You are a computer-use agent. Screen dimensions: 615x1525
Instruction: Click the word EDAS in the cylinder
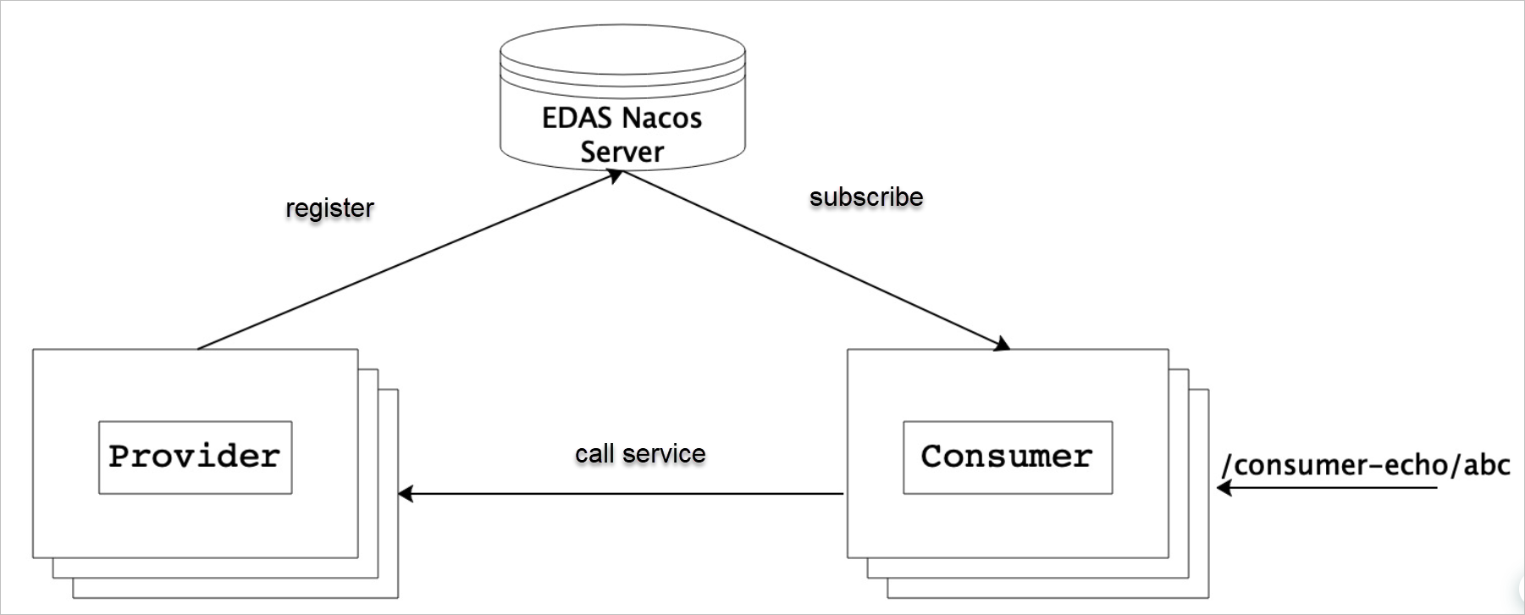tap(570, 118)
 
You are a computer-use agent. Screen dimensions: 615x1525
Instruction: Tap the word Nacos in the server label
tap(662, 118)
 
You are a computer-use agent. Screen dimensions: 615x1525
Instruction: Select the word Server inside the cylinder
tap(622, 152)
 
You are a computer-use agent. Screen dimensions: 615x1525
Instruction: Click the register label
tap(329, 208)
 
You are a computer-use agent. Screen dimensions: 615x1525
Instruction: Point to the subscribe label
tap(866, 197)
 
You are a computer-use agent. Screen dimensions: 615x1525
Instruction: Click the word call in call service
tap(594, 454)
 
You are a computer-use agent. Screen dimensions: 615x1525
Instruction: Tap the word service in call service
tap(664, 454)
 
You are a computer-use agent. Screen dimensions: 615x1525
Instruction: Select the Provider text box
tap(195, 457)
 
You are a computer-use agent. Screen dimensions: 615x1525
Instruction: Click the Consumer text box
tap(1007, 457)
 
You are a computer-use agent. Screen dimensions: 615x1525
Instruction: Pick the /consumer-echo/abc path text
tap(1365, 465)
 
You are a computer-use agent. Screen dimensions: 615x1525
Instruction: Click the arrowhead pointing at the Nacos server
tap(615, 175)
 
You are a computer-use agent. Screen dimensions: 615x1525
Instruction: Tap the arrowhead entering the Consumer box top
tap(1002, 344)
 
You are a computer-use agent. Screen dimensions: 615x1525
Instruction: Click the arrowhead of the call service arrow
tap(406, 493)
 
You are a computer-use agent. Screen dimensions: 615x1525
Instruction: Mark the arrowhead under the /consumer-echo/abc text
tap(1224, 488)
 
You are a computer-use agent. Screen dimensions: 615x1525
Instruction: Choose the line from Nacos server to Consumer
tap(813, 259)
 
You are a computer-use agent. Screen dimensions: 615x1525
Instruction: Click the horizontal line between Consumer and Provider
tap(622, 493)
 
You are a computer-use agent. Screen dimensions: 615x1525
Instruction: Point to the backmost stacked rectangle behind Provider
tap(388, 590)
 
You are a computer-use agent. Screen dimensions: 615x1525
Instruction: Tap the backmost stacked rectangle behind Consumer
tap(1199, 590)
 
